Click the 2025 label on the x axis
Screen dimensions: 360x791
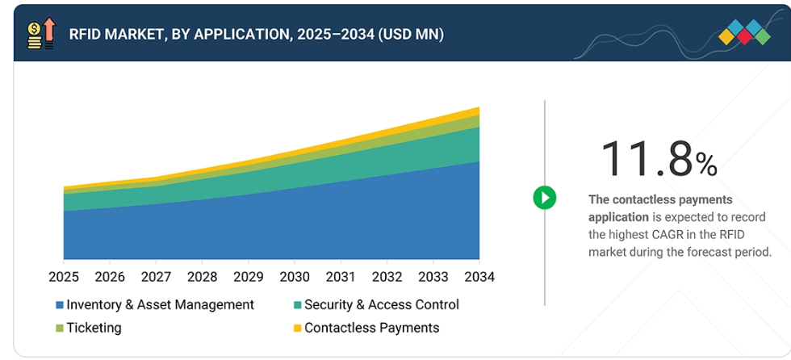tap(63, 277)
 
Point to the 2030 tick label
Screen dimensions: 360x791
tap(294, 277)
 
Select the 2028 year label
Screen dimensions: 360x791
tap(202, 277)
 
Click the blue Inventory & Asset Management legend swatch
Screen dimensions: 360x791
tap(59, 305)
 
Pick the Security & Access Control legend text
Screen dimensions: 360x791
tap(382, 304)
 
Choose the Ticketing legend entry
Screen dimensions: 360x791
tap(94, 328)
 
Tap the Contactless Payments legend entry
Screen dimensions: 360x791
tap(371, 328)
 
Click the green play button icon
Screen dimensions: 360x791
tap(545, 197)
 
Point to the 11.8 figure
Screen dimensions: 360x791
tap(646, 158)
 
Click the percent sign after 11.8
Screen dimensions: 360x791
tap(706, 165)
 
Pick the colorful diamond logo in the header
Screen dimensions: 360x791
tap(744, 33)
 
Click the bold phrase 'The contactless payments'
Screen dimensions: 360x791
tap(660, 199)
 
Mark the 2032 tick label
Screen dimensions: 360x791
tap(387, 277)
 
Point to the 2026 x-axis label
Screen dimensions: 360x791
tap(110, 277)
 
